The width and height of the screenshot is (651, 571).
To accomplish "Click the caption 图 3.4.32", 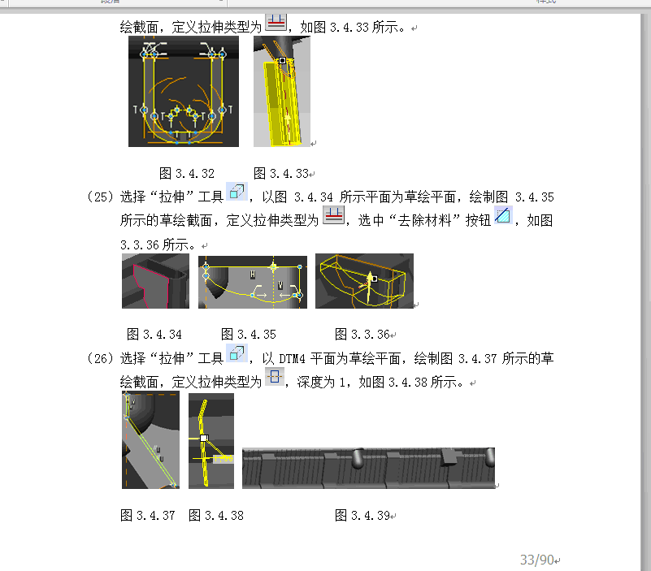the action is click(187, 174).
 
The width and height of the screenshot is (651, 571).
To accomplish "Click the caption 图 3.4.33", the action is click(281, 174).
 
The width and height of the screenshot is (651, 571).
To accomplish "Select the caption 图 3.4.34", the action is click(154, 334).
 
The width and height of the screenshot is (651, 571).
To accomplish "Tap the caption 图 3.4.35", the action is click(248, 334).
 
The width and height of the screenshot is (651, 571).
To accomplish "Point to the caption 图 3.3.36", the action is click(362, 334).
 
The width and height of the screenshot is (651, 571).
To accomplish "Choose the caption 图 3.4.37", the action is click(147, 516).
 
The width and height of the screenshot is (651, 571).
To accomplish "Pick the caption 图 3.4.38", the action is click(216, 516).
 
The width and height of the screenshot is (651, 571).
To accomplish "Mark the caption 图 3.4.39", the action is click(362, 516).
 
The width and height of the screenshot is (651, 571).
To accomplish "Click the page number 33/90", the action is click(537, 560).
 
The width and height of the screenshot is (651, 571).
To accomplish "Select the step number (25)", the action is click(100, 197).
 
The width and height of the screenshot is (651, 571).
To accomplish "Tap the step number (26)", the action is click(100, 358).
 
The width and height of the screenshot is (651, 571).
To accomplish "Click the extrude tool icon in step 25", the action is click(237, 192).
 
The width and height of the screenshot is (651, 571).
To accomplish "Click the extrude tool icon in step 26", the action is click(237, 353).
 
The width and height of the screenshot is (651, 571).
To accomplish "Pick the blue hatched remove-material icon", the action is click(503, 216).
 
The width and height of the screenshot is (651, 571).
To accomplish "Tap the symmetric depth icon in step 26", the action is click(275, 377).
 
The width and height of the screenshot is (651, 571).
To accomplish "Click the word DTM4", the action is click(292, 358).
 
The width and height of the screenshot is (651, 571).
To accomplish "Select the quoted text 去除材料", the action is click(425, 220).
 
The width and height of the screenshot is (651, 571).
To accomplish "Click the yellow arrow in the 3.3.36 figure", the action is click(369, 288).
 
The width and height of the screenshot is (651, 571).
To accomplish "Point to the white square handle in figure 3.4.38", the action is click(204, 439).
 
